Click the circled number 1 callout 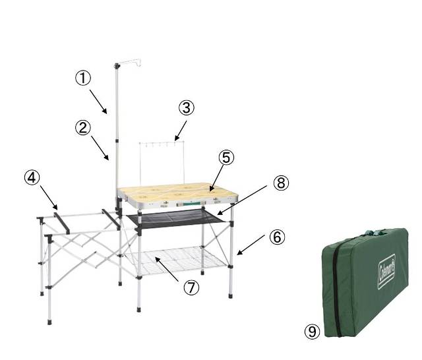pos(83,78)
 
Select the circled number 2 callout pos(83,127)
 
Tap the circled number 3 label pos(186,107)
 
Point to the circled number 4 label pos(32,178)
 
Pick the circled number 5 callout pos(226,158)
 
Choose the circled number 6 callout pos(277,237)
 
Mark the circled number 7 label pos(191,287)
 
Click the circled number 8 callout pos(281,183)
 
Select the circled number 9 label pos(312,331)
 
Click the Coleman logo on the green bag pos(387,272)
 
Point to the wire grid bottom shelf pos(176,260)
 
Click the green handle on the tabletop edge pos(189,204)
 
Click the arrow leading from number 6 pos(251,245)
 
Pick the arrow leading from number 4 pos(49,198)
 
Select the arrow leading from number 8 pos(242,200)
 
